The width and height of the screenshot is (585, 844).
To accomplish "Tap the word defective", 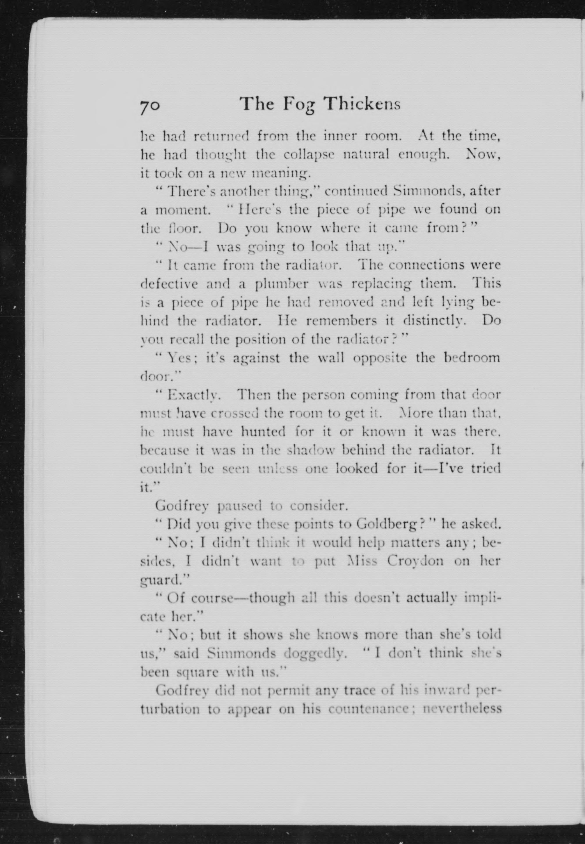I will coord(170,284).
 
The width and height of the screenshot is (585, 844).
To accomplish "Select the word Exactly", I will coord(193,396).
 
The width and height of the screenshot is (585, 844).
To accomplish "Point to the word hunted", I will coord(263,432).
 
